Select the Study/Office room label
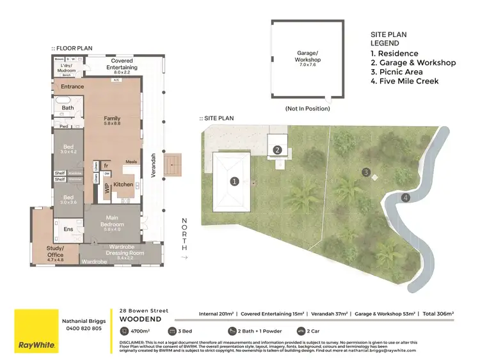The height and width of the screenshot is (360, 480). coord(55,252)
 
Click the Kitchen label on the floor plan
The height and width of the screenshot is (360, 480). coord(123,184)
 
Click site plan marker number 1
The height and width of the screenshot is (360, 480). coord(234,182)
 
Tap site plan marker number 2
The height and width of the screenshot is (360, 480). coord(278,150)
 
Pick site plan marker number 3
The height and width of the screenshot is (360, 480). coord(365,172)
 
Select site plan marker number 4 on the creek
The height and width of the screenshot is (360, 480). coord(405,198)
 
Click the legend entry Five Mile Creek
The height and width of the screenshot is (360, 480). coord(404,81)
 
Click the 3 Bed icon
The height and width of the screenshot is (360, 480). coord(172,331)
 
